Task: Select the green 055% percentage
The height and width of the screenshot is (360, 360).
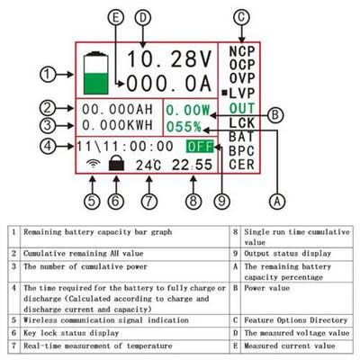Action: click(x=184, y=126)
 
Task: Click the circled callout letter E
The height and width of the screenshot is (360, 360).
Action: click(x=112, y=17)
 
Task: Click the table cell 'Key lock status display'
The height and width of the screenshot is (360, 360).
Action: click(x=73, y=330)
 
